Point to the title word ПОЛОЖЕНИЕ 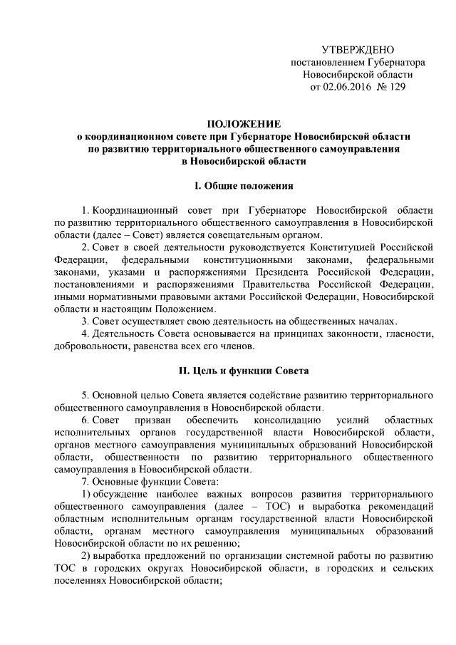tap(244, 124)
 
